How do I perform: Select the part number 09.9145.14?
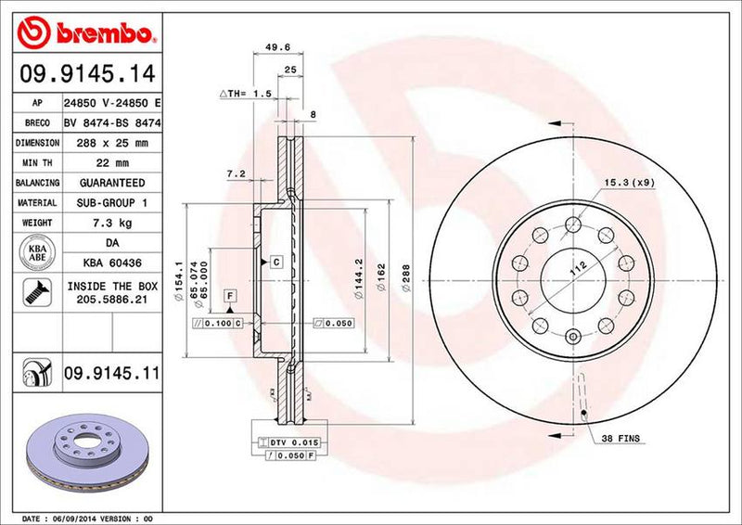coord(85,72)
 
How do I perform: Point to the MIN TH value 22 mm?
coord(110,163)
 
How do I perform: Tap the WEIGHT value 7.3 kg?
coord(110,224)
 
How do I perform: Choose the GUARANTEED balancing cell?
coord(110,184)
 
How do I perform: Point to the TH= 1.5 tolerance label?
coord(246,94)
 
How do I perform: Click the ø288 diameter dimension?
coord(404,275)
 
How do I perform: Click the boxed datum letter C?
coord(276,262)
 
